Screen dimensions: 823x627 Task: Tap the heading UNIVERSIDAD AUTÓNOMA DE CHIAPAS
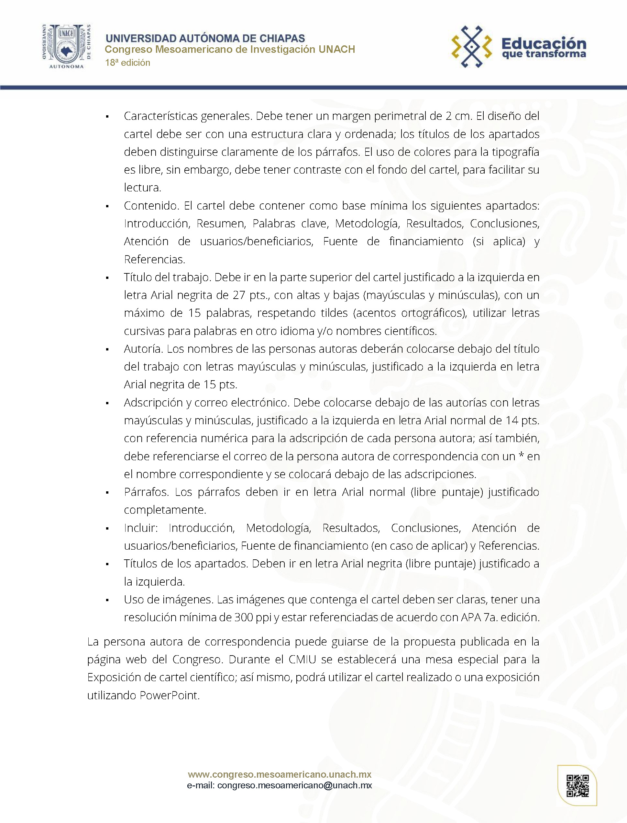pyautogui.click(x=205, y=38)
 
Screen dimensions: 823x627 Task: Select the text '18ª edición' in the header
pyautogui.click(x=128, y=63)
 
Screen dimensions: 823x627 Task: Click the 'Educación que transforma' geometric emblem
pyautogui.click(x=472, y=47)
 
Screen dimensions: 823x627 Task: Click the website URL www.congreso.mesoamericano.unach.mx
pyautogui.click(x=280, y=774)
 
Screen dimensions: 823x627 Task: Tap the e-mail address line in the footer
pyautogui.click(x=280, y=785)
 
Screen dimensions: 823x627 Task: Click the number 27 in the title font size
pyautogui.click(x=239, y=295)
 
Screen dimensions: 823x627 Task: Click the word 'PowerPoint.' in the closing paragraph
pyautogui.click(x=170, y=695)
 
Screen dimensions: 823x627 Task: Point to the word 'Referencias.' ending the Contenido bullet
pyautogui.click(x=155, y=259)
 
